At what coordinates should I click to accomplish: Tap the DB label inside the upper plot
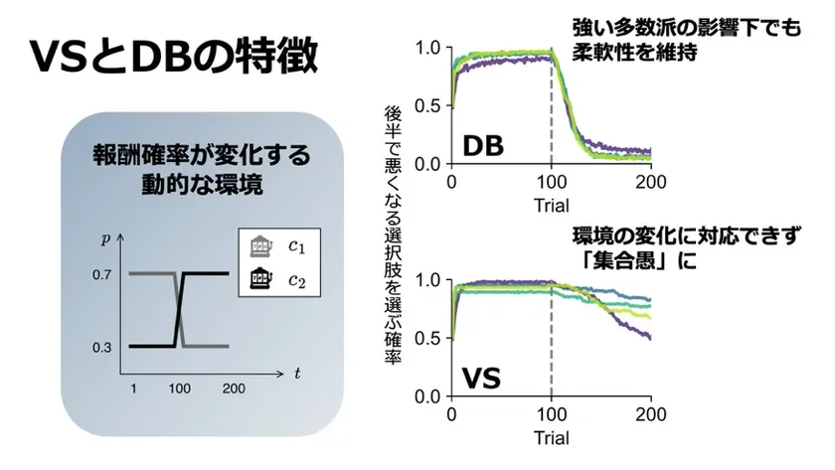[x=483, y=145]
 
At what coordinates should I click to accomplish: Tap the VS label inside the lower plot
[x=482, y=378]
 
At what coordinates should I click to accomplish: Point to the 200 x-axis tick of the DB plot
[x=649, y=183]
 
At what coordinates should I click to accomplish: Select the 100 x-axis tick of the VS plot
[x=551, y=415]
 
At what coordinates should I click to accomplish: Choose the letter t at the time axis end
[x=297, y=374]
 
